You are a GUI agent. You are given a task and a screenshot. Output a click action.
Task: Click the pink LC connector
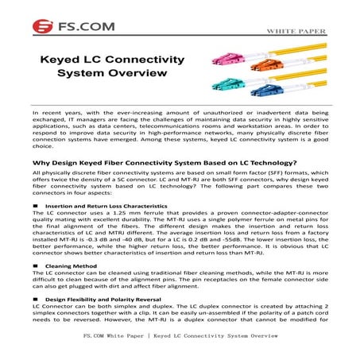pyautogui.click(x=201, y=58)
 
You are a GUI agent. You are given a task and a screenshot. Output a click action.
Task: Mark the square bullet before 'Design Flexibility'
pyautogui.click(x=36, y=298)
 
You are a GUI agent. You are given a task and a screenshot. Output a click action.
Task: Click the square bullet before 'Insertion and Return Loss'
pyautogui.click(x=36, y=206)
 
